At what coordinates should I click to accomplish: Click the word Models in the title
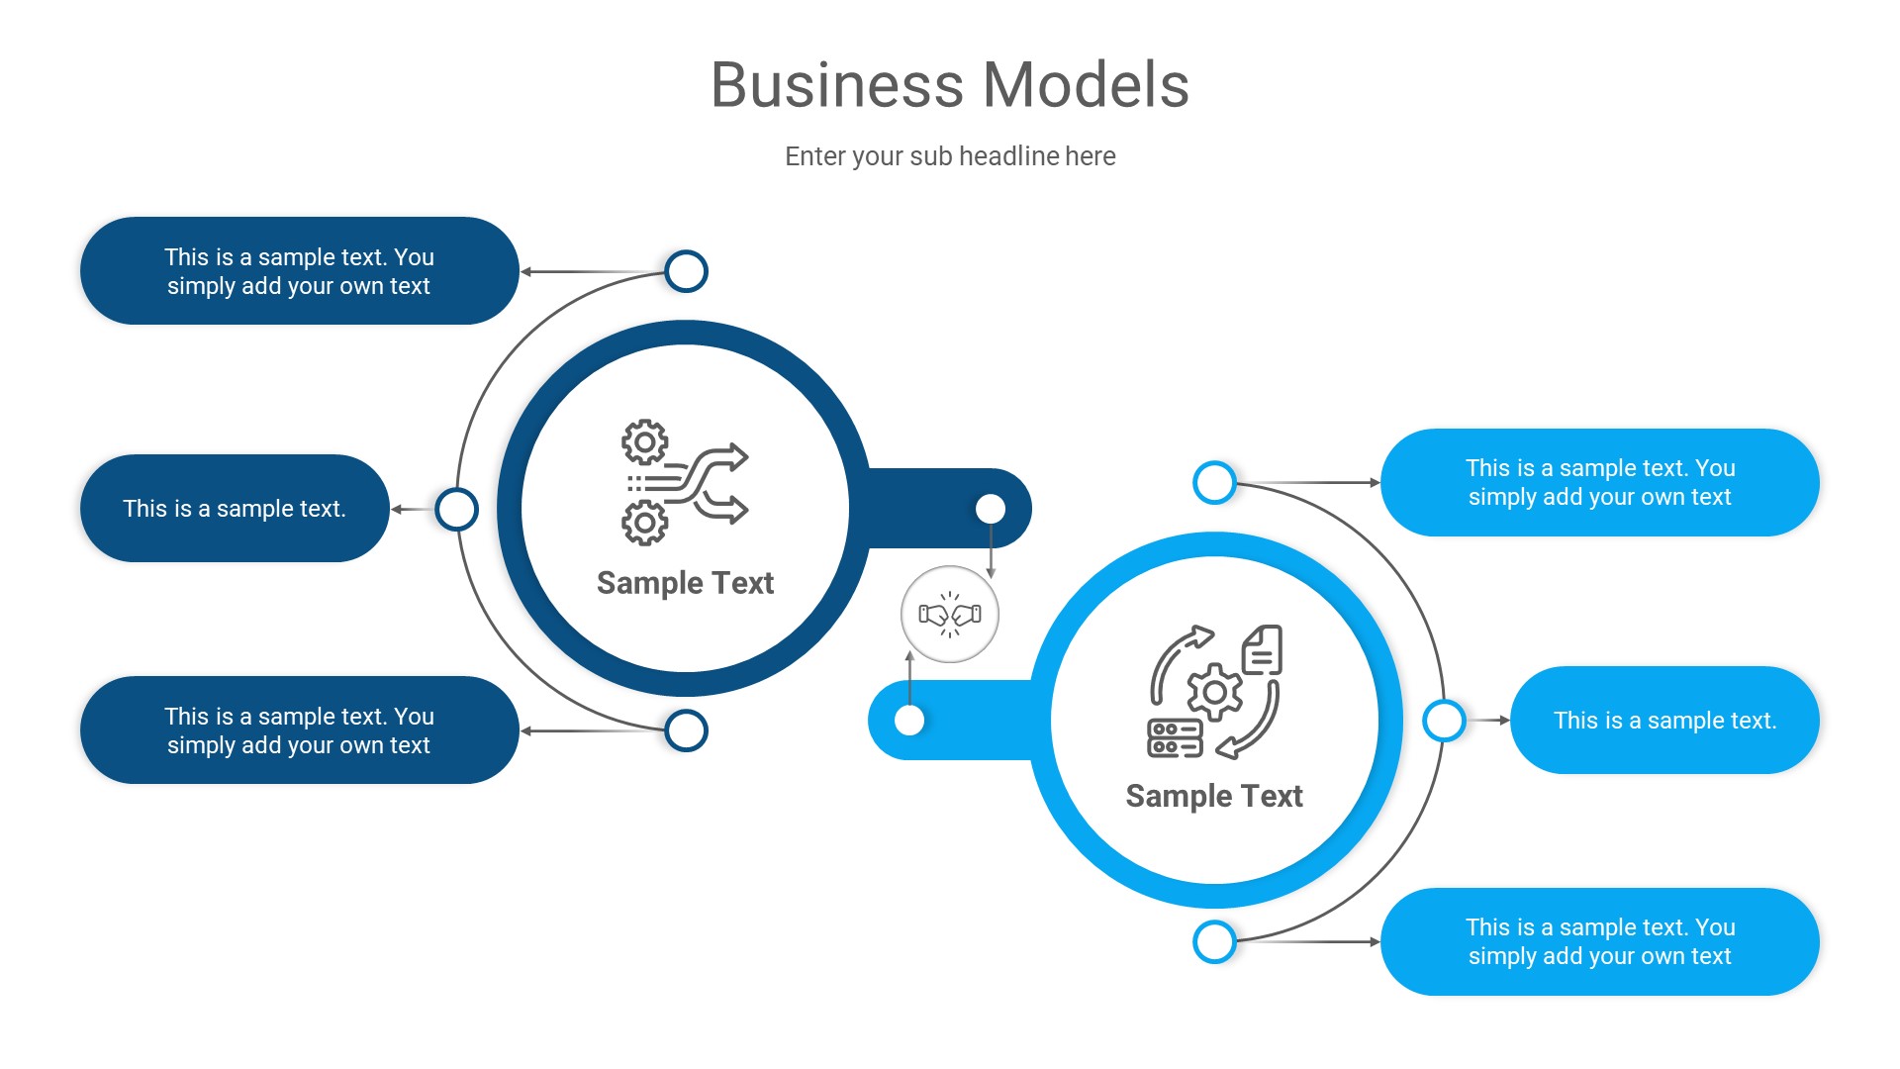click(1086, 85)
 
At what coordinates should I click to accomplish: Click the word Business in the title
click(836, 85)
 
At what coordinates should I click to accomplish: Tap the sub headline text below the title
click(950, 156)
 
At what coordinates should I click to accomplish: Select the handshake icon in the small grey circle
click(950, 615)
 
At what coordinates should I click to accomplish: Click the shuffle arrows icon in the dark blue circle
click(685, 483)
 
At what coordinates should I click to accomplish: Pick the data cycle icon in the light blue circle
click(1214, 692)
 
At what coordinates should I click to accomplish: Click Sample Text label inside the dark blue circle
click(685, 583)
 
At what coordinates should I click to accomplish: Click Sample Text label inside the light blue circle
click(1214, 796)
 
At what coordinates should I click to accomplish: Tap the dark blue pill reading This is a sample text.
click(235, 509)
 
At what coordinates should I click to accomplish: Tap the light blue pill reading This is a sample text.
click(1664, 721)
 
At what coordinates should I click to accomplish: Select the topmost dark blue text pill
click(299, 271)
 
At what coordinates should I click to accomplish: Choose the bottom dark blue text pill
click(299, 730)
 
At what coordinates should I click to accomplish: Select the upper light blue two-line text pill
click(1599, 483)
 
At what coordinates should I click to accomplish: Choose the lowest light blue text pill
click(1599, 942)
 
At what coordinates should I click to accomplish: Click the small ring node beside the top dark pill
click(686, 271)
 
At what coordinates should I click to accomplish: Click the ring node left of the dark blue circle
click(456, 509)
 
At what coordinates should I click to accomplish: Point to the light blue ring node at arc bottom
click(1214, 942)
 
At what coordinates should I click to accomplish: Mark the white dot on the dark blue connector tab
click(991, 509)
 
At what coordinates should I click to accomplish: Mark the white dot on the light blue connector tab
click(909, 721)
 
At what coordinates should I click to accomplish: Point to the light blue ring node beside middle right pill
click(1444, 721)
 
